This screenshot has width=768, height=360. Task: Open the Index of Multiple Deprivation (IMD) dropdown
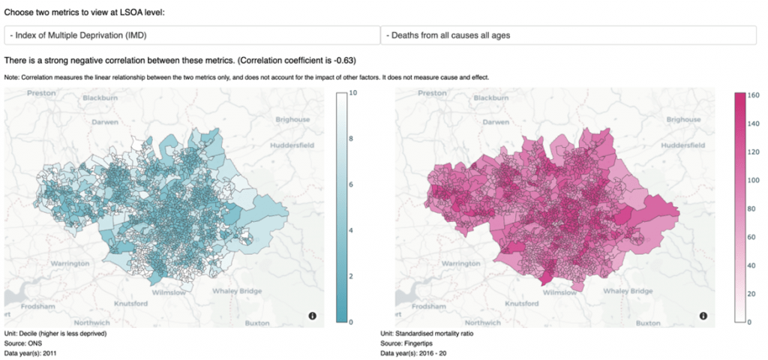(192, 35)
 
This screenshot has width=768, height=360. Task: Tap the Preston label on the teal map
(41, 93)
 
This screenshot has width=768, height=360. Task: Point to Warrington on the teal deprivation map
(70, 264)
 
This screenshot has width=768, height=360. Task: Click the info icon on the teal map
(313, 316)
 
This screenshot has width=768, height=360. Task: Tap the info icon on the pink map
(703, 316)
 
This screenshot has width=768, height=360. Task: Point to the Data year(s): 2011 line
(31, 352)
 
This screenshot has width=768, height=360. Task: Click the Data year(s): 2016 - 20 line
(418, 352)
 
